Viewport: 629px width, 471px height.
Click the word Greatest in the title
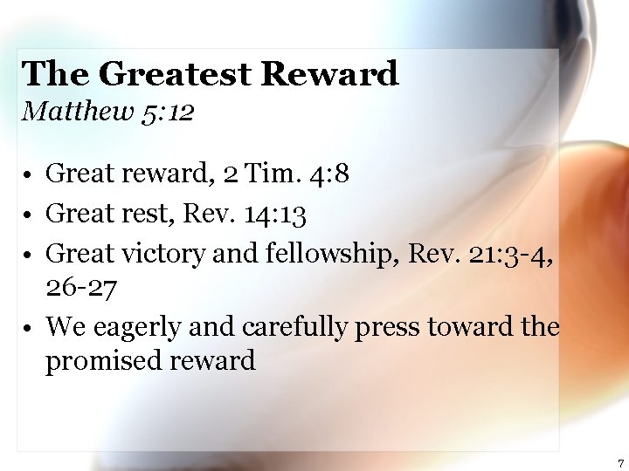tap(174, 75)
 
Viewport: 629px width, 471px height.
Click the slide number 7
tap(620, 463)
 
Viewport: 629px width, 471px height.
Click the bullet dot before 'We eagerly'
tap(30, 328)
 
